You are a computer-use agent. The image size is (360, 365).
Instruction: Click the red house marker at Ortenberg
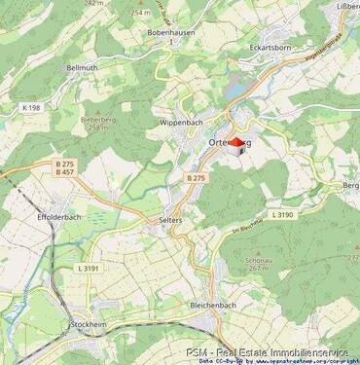coord(235,144)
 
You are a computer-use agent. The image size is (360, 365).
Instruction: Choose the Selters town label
coord(170,221)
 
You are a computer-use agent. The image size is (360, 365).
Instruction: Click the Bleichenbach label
coord(213,305)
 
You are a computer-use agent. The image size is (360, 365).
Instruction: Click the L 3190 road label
coord(281,214)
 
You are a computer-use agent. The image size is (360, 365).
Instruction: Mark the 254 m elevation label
coord(142,13)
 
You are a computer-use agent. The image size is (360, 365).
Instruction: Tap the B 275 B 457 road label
coord(64,169)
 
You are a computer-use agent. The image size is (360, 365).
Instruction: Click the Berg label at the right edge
coord(351,185)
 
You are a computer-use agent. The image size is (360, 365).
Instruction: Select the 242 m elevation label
coord(93,3)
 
